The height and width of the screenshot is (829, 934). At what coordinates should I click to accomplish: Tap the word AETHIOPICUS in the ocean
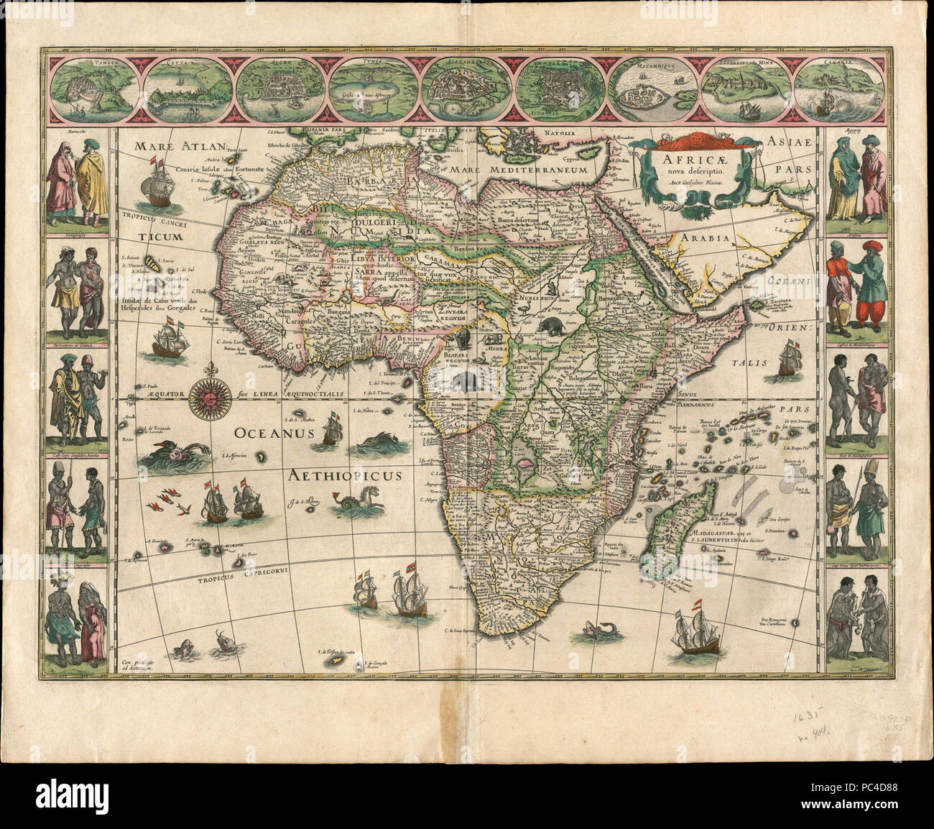coord(346,475)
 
